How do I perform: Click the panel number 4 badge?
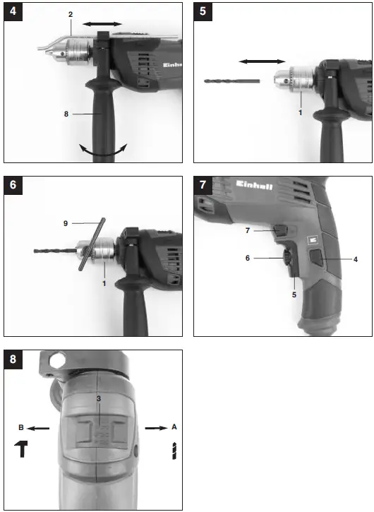click(x=13, y=12)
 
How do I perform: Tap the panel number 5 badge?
click(x=203, y=12)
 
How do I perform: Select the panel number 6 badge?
click(x=13, y=186)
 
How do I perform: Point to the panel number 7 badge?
click(x=203, y=186)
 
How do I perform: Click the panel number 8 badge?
click(x=13, y=359)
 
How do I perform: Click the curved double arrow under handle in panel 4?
click(x=103, y=150)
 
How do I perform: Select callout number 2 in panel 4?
click(x=70, y=14)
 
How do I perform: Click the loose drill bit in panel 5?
click(x=231, y=81)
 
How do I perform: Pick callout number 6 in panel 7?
click(x=248, y=258)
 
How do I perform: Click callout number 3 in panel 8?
click(x=99, y=400)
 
